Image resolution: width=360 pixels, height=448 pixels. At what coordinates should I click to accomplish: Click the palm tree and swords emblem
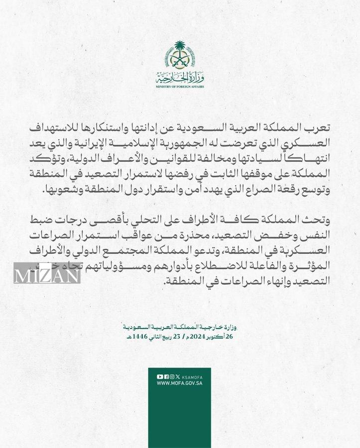180,57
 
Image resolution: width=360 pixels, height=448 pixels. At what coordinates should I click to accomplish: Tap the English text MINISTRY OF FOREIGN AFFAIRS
180,86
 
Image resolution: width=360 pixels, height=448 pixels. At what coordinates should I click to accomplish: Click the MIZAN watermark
47,273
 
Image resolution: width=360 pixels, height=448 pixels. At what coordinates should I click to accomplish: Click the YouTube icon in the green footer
159,377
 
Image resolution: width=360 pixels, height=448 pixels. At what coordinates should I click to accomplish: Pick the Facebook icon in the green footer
166,377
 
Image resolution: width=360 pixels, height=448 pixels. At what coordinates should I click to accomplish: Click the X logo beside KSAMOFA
178,377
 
